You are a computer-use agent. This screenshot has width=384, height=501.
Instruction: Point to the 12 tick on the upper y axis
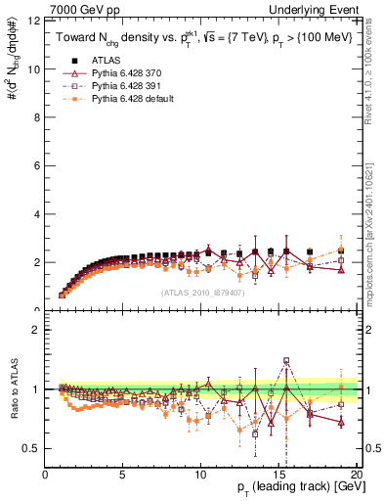pyautogui.click(x=36, y=21)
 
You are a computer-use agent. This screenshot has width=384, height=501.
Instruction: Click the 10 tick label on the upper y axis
pyautogui.click(x=36, y=69)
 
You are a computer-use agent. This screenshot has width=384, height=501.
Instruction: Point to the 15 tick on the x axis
pyautogui.click(x=278, y=475)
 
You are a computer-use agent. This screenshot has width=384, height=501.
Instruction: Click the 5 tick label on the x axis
pyautogui.click(x=123, y=475)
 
